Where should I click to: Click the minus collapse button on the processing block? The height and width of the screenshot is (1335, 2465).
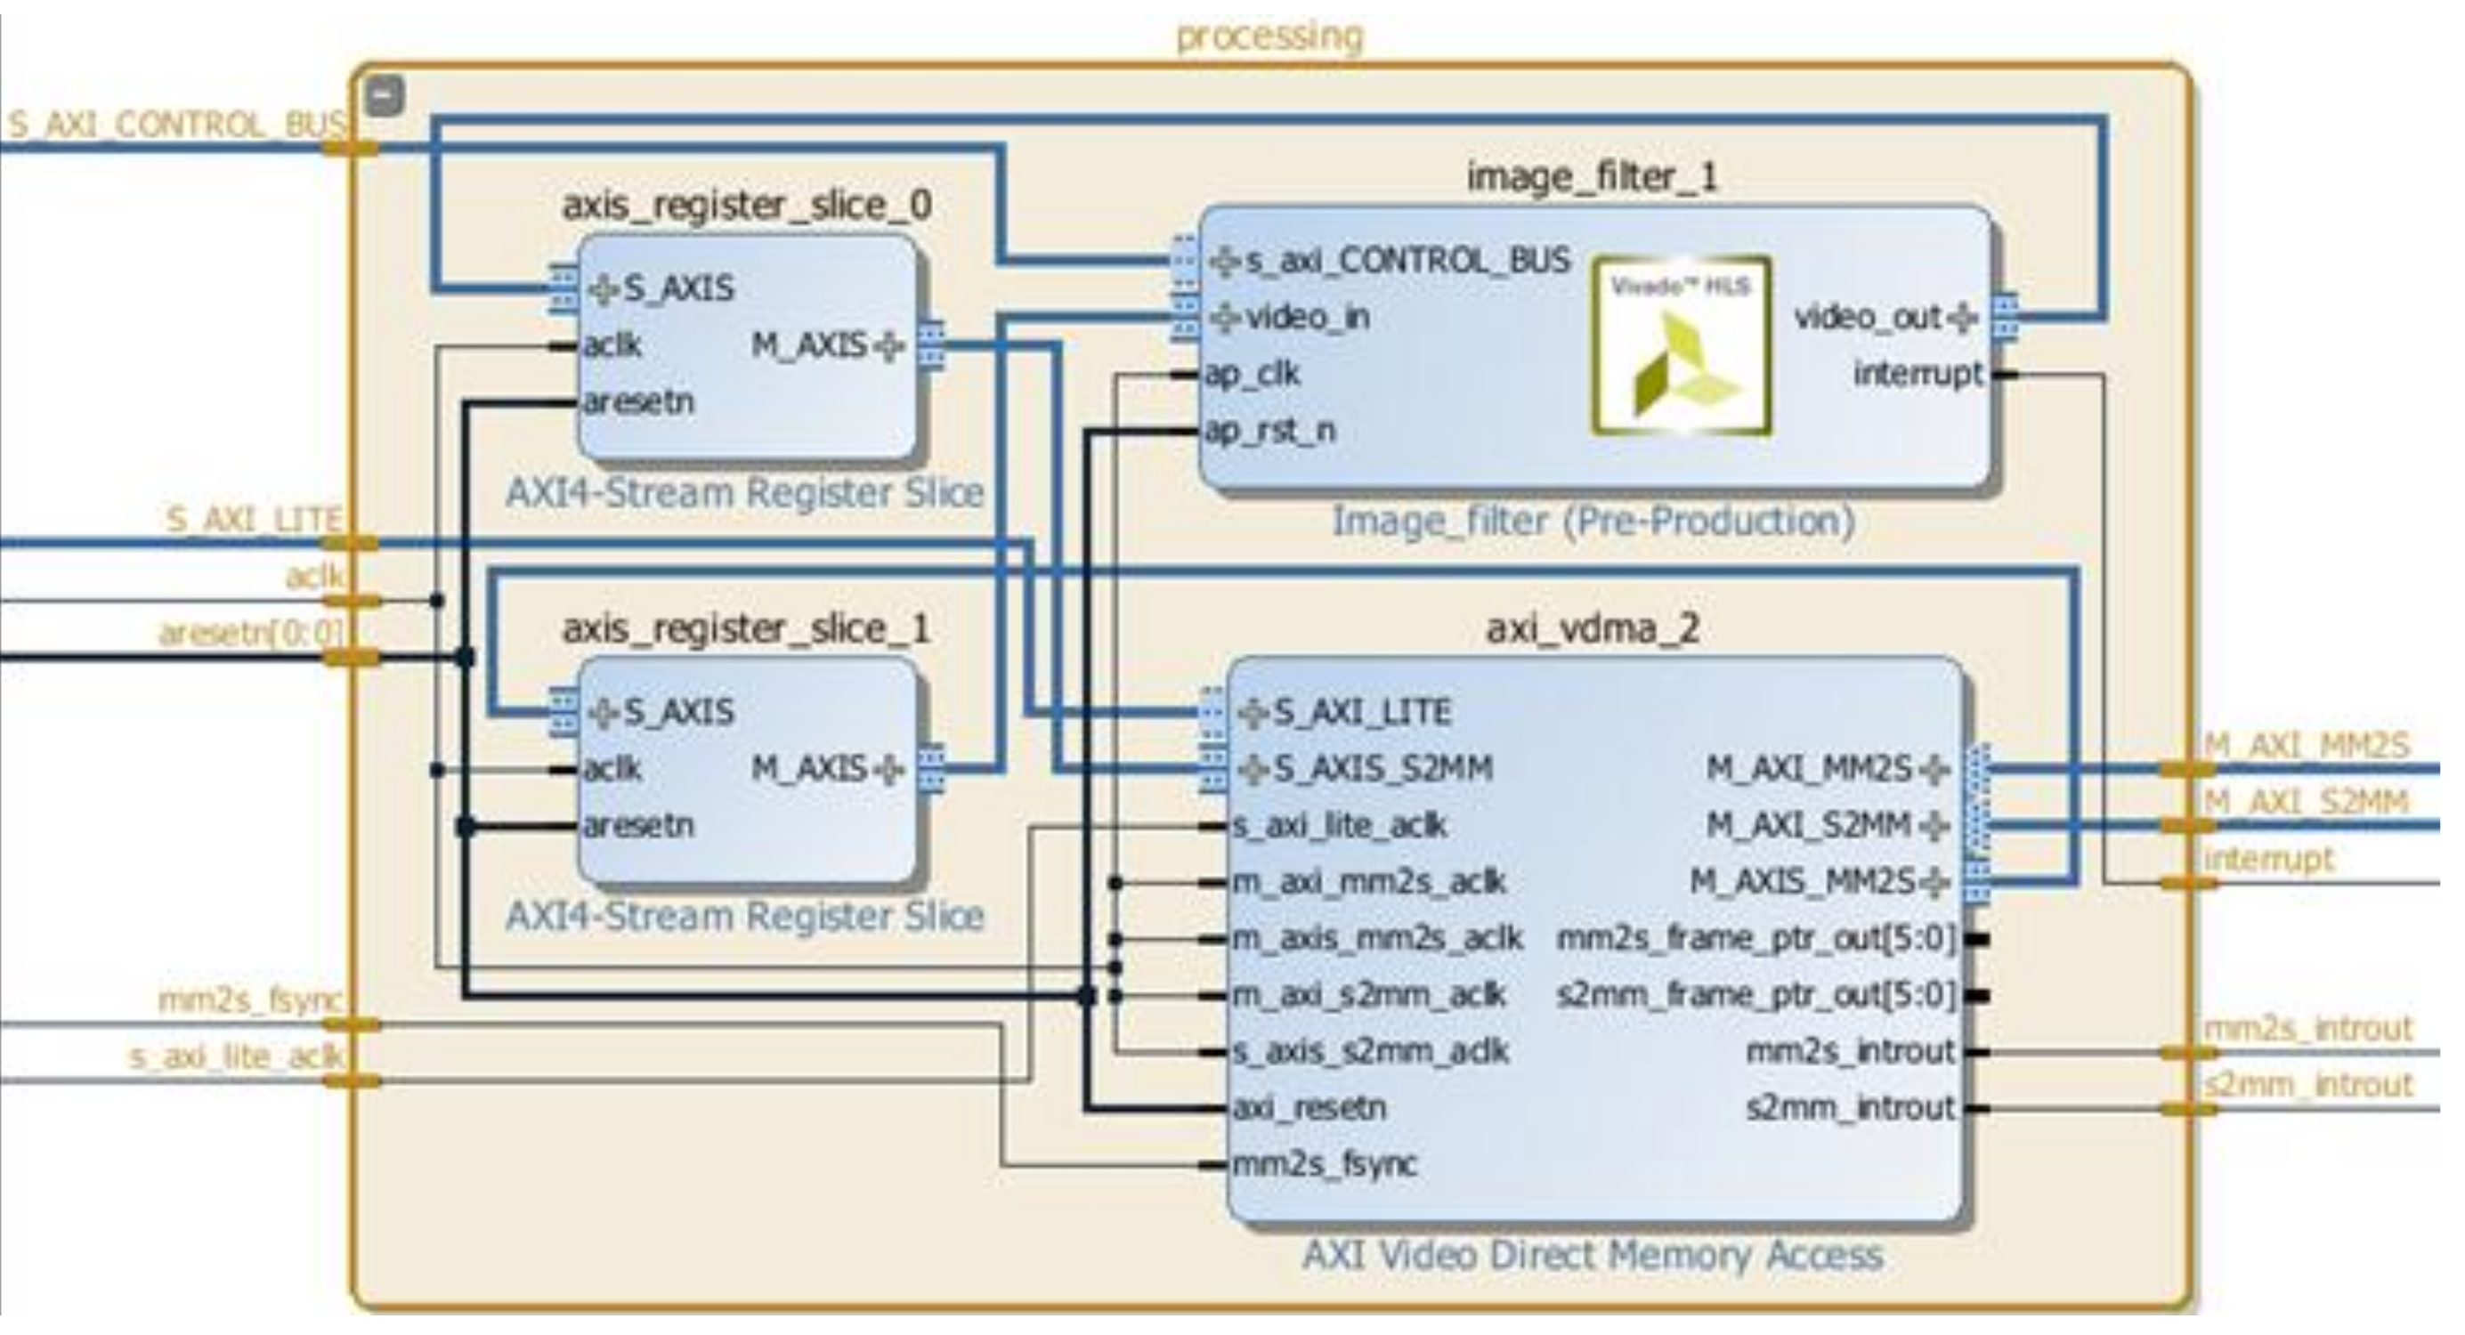tap(385, 96)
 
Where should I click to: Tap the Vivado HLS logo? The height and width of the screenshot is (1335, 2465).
tap(1682, 345)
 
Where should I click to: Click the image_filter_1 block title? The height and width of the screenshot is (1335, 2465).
tap(1593, 176)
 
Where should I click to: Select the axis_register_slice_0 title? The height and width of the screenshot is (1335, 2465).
tap(748, 205)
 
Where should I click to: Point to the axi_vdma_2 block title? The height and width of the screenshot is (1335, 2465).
tap(1593, 628)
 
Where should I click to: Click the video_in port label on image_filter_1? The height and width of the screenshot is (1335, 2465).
tap(1307, 317)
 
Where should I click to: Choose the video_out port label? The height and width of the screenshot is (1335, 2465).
tap(1867, 317)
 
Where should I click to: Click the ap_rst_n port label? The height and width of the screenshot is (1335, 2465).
tap(1269, 431)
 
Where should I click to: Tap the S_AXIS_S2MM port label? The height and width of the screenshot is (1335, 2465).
tap(1383, 768)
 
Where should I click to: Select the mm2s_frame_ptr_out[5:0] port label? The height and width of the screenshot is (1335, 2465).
tap(1755, 939)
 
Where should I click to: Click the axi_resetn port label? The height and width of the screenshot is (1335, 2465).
tap(1309, 1108)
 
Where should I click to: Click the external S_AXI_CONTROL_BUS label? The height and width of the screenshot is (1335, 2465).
tap(177, 125)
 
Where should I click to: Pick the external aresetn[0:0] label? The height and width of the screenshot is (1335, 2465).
tap(251, 633)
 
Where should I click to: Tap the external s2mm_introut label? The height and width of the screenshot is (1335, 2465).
tap(2307, 1084)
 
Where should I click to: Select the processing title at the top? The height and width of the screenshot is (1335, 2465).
tap(1269, 36)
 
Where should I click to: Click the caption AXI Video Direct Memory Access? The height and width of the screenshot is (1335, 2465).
tap(1593, 1254)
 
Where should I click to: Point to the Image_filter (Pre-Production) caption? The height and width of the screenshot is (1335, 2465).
tap(1594, 522)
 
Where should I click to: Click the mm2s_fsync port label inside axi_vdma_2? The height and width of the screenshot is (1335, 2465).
tap(1325, 1165)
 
